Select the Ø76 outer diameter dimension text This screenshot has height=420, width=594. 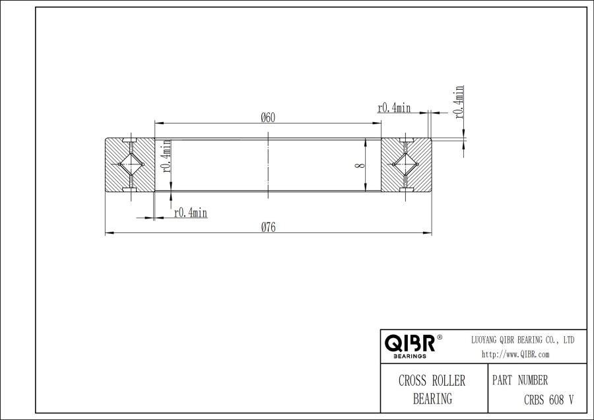pyautogui.click(x=268, y=227)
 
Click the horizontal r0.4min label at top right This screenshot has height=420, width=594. pyautogui.click(x=394, y=108)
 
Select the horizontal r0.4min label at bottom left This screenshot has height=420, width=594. pyautogui.click(x=191, y=212)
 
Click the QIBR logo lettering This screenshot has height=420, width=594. pyautogui.click(x=409, y=343)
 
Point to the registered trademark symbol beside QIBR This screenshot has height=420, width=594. pyautogui.click(x=440, y=337)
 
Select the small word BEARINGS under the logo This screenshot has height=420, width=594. pyautogui.click(x=409, y=356)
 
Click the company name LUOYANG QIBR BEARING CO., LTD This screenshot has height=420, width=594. pyautogui.click(x=522, y=339)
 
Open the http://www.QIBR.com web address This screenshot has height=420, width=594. pyautogui.click(x=515, y=355)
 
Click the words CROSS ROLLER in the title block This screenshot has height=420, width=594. pyautogui.click(x=432, y=381)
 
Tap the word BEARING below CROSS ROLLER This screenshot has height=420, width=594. pyautogui.click(x=432, y=398)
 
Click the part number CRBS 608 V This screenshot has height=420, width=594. pyautogui.click(x=548, y=399)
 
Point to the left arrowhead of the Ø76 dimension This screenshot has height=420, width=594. pyautogui.click(x=109, y=232)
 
